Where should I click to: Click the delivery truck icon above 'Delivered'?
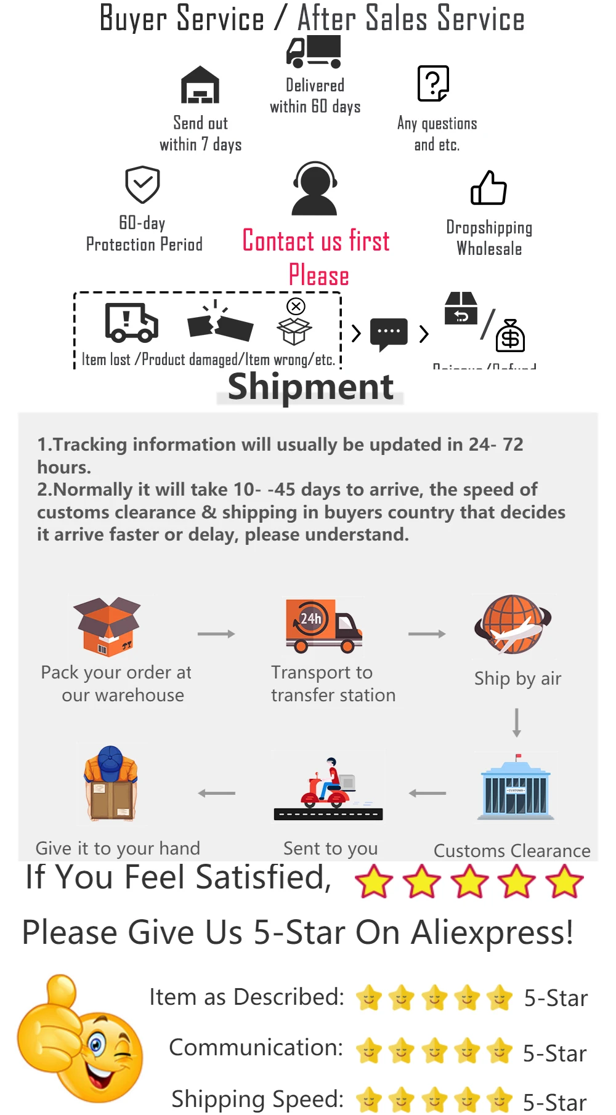(314, 52)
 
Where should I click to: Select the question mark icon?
(433, 83)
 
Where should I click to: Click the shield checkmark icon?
(142, 184)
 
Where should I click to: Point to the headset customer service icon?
(315, 188)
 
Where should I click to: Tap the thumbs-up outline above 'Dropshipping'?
(488, 188)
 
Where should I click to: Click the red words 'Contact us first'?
(316, 241)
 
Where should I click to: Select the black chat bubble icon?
(389, 334)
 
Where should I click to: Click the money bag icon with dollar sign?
(511, 336)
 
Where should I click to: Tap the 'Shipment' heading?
(310, 387)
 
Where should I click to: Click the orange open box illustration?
(108, 626)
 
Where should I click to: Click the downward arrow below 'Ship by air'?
(517, 722)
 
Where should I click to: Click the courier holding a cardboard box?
(111, 783)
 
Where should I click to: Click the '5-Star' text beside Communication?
(554, 1053)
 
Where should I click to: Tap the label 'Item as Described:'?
(246, 997)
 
